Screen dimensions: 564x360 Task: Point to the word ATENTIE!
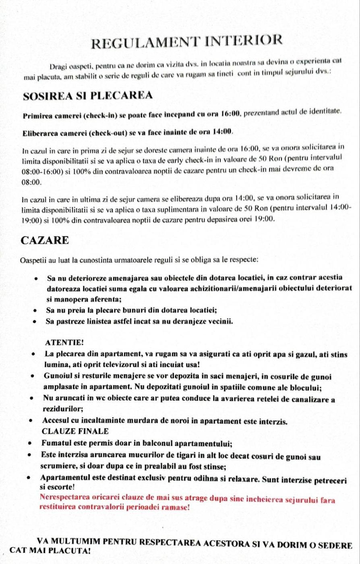pos(65,342)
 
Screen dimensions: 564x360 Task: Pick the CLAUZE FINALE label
pos(75,431)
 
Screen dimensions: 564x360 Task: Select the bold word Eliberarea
pos(40,133)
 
